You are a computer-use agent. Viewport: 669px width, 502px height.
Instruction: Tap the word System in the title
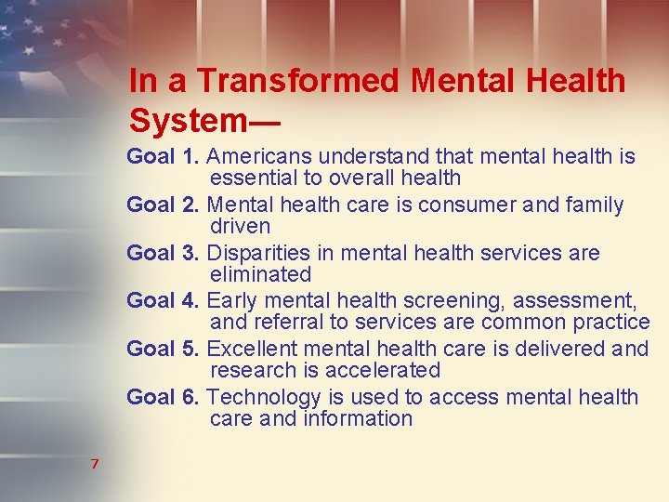(x=187, y=120)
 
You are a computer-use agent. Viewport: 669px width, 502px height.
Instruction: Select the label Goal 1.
(x=163, y=156)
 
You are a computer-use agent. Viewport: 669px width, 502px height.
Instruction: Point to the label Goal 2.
(x=163, y=205)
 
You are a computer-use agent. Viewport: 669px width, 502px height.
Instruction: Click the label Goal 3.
(x=163, y=253)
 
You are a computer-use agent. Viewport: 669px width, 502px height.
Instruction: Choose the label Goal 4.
(x=163, y=301)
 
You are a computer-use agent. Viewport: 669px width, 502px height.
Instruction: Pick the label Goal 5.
(x=163, y=350)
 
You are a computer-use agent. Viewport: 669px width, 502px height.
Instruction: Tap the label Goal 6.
(x=163, y=398)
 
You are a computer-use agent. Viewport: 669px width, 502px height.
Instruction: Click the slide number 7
(x=95, y=464)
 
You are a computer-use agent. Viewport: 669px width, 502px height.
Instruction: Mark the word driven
(x=240, y=226)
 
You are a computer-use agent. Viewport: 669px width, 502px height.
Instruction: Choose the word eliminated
(x=260, y=274)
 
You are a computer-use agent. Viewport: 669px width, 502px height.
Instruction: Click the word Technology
(x=264, y=398)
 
